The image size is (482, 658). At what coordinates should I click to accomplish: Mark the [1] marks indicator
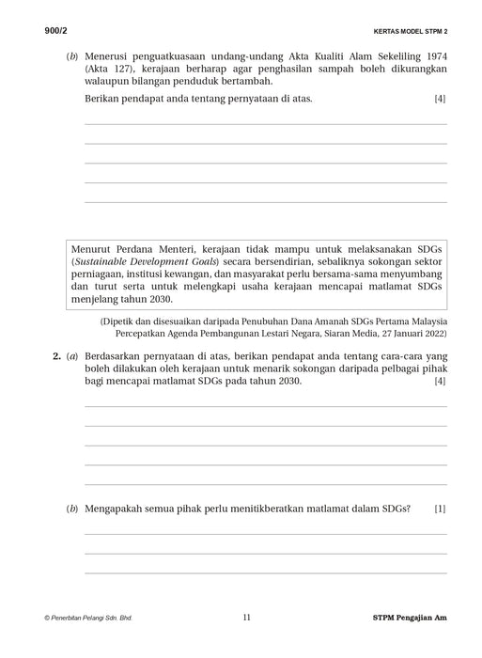[441, 509]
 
